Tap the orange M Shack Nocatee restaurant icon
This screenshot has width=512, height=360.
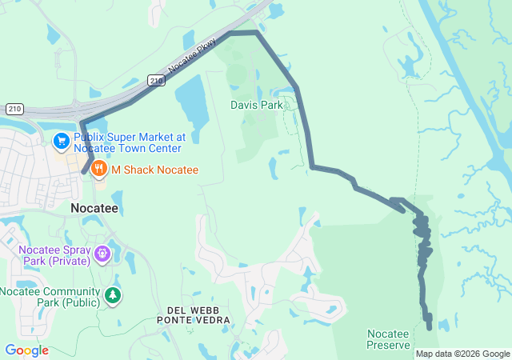point(99,169)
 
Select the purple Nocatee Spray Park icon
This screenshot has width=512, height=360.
point(102,254)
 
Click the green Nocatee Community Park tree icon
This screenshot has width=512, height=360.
point(114,296)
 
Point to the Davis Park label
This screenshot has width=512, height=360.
point(256,105)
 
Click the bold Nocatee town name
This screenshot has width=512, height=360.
point(94,207)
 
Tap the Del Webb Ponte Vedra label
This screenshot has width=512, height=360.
point(198,314)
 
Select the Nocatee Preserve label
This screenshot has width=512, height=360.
point(388,339)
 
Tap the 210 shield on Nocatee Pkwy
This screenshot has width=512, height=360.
point(156,80)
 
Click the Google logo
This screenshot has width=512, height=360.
point(26,350)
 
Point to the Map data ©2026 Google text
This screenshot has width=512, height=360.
point(462,354)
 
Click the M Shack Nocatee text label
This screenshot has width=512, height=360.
point(154,170)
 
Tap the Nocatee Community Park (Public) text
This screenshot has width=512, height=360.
point(50,297)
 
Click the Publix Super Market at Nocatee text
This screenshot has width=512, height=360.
point(129,142)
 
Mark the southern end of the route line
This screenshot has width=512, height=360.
point(429,326)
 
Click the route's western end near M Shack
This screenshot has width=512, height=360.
point(84,171)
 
